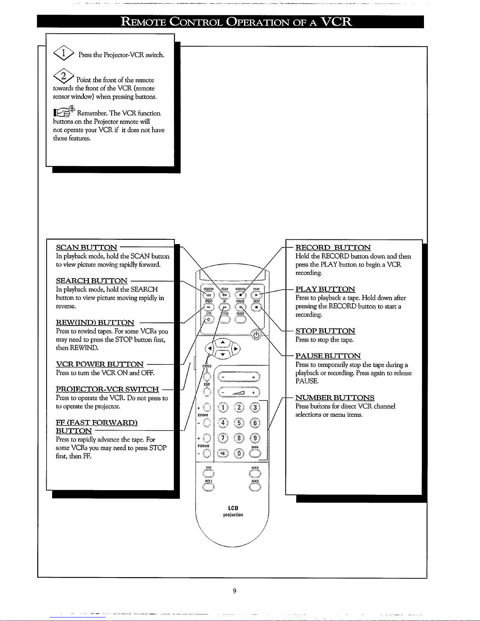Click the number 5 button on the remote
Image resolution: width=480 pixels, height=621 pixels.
coord(239,423)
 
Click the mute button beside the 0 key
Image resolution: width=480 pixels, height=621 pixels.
coord(223,453)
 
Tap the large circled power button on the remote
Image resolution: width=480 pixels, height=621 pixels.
coord(257,335)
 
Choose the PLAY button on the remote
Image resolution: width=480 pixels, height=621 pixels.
coord(257,295)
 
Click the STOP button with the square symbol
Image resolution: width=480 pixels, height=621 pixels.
coord(256,308)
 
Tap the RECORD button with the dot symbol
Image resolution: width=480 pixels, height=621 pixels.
coord(240,296)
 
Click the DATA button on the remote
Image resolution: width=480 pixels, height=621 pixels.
coord(255,453)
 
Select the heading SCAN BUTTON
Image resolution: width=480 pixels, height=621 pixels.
coord(87,248)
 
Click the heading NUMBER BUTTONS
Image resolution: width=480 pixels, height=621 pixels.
coord(335,398)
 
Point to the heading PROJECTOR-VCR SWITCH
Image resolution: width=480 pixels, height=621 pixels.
coord(107,389)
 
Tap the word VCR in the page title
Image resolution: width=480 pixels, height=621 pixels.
coord(336,21)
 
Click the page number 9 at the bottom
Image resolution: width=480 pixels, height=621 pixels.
coord(234,591)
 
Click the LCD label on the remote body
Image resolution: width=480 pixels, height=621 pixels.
coord(233,508)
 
